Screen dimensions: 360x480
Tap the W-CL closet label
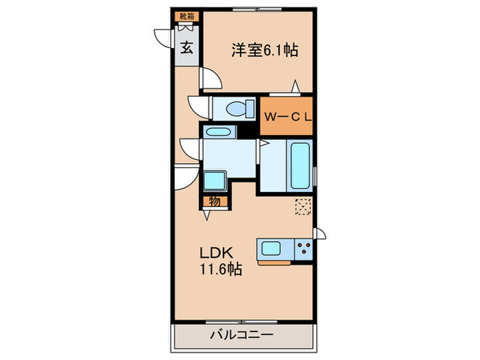tap(288, 117)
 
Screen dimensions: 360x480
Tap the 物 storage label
tap(214, 201)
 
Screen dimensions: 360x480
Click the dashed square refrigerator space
tap(302, 206)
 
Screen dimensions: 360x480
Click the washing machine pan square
tap(217, 181)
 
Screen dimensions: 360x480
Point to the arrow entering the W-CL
tap(295, 88)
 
